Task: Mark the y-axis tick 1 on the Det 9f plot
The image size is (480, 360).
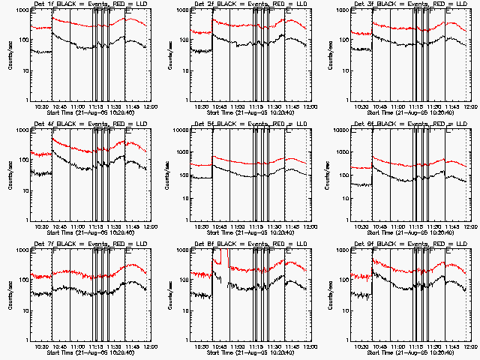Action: (x=346, y=340)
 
